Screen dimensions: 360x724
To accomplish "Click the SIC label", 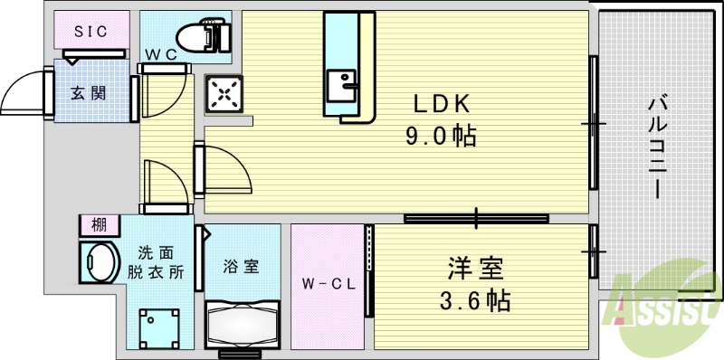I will [x=90, y=32].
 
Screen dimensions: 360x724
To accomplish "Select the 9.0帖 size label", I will [x=441, y=137].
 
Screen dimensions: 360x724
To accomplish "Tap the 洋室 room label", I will [x=475, y=269].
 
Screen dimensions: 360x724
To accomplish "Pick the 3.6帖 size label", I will [x=475, y=299].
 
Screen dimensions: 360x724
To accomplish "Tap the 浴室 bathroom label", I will [x=242, y=267].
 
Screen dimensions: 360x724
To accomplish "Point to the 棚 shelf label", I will [x=97, y=223].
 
